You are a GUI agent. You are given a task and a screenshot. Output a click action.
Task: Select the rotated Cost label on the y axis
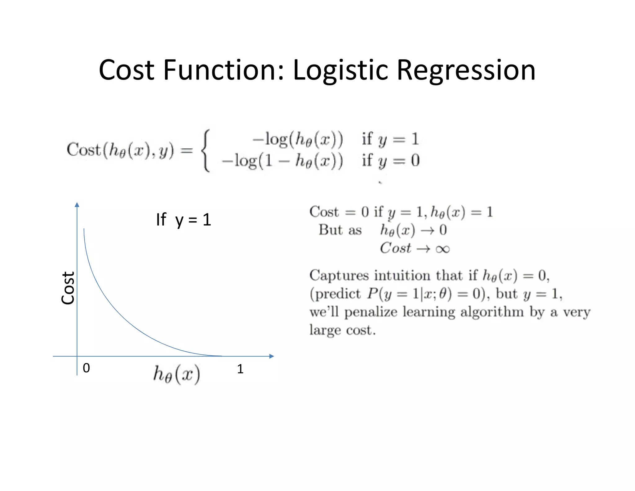pos(68,288)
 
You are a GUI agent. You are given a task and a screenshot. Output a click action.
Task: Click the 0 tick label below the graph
pos(86,368)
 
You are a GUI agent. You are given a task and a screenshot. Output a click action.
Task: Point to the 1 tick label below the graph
pos(240,369)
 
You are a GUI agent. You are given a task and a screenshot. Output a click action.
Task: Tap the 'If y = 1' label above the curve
pos(184,220)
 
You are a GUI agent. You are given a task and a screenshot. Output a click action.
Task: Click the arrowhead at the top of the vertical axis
pos(77,205)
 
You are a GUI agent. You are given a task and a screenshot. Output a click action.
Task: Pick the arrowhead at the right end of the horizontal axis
pos(272,356)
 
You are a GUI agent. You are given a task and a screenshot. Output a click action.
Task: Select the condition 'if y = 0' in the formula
pos(390,161)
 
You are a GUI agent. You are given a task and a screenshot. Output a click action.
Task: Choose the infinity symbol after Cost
pos(442,249)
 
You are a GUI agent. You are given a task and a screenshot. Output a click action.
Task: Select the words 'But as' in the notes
pos(340,230)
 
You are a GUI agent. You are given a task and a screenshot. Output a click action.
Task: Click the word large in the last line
pos(325,330)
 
